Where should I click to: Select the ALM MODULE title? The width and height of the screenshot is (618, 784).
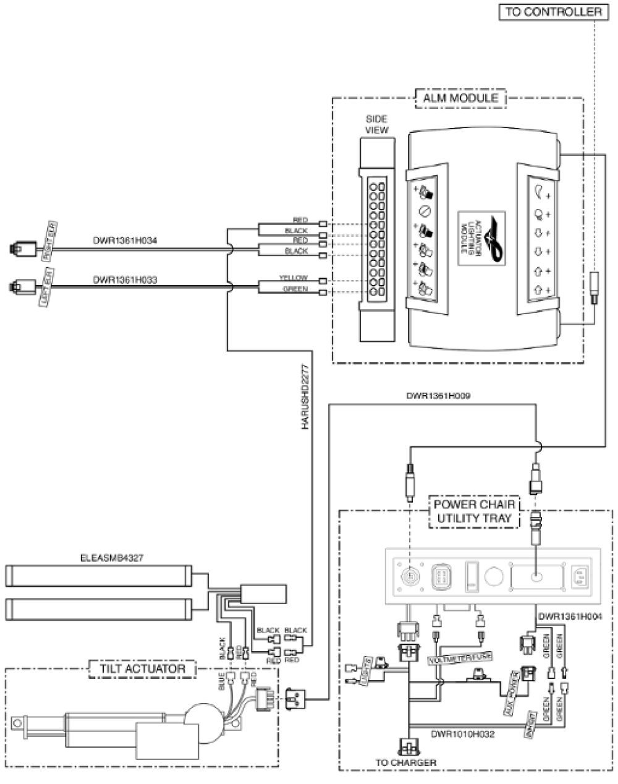(x=460, y=98)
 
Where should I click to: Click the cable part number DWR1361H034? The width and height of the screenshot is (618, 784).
(x=125, y=241)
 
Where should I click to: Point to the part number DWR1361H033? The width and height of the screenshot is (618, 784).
(x=125, y=279)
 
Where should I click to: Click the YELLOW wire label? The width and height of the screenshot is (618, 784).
(x=293, y=278)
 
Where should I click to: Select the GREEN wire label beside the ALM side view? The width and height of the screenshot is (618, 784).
(x=295, y=289)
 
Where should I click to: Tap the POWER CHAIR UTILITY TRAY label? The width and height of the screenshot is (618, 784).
(x=474, y=512)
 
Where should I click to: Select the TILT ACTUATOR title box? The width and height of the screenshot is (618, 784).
(x=142, y=668)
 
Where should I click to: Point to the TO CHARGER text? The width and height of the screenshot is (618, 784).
(x=405, y=763)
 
